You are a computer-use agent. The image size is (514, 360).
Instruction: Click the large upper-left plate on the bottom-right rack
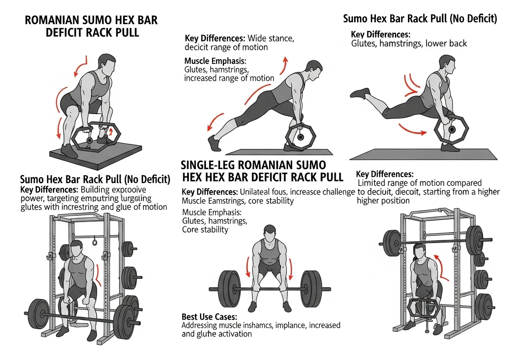point(392,240)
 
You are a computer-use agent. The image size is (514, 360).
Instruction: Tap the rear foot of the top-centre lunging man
point(214,144)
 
